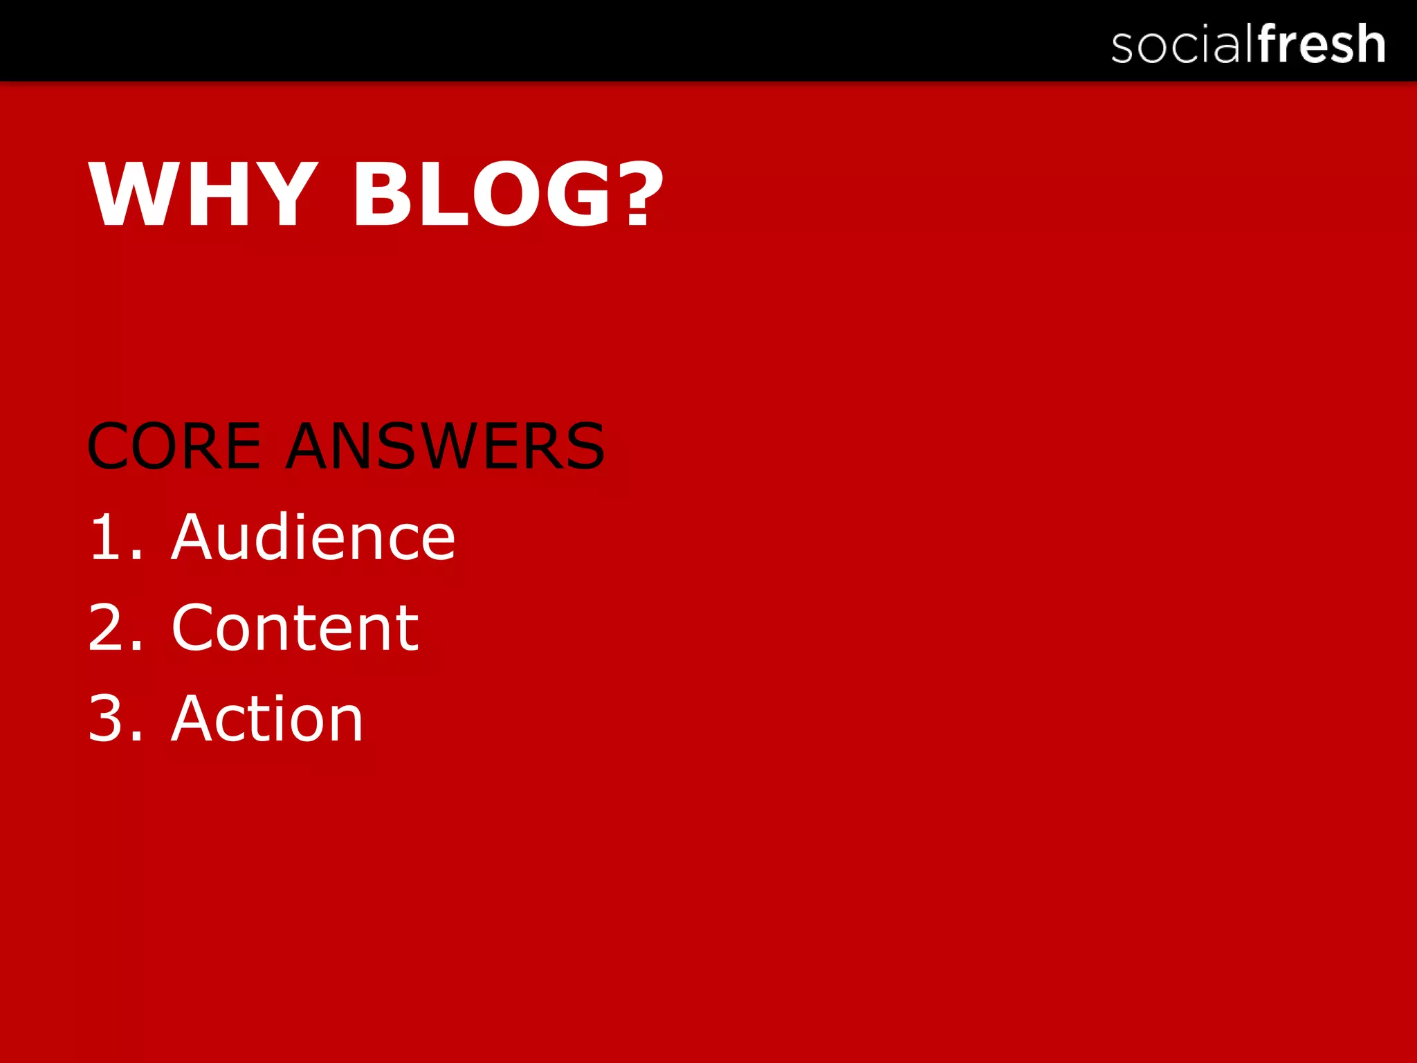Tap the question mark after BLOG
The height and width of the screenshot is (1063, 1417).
click(x=638, y=194)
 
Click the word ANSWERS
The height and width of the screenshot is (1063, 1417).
click(x=446, y=447)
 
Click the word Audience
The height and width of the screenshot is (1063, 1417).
click(x=313, y=537)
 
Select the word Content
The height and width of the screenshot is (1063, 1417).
click(x=295, y=628)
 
